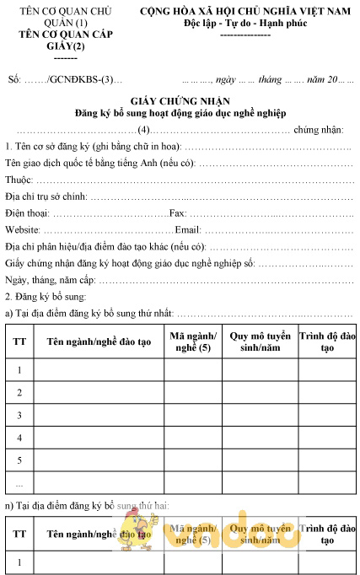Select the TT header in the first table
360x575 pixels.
pyautogui.click(x=19, y=341)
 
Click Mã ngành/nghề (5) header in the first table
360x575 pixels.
pyautogui.click(x=192, y=341)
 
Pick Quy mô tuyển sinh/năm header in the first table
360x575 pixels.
pyautogui.click(x=259, y=341)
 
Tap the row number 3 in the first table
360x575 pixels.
pyautogui.click(x=19, y=416)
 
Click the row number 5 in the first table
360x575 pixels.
pyautogui.click(x=19, y=461)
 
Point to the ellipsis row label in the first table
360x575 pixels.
pyautogui.click(x=19, y=484)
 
